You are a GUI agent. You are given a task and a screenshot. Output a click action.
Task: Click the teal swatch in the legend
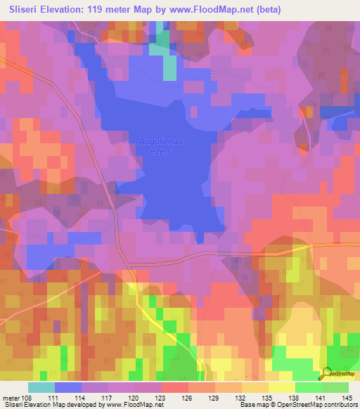coord(41,387)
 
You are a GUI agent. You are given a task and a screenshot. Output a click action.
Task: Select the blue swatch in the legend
coord(67,387)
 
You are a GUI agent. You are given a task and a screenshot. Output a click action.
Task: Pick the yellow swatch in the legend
coord(281,387)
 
